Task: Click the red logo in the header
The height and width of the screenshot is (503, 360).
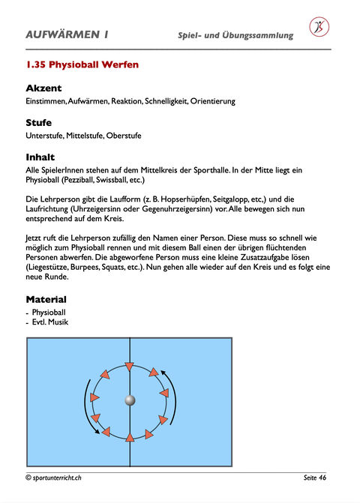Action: pos(319,27)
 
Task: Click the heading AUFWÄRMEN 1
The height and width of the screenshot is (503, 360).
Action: pos(67,34)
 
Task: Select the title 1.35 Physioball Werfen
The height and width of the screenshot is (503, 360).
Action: pos(82,64)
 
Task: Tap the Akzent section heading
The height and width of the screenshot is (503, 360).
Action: pos(43,88)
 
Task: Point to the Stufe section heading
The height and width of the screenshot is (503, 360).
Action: pos(38,122)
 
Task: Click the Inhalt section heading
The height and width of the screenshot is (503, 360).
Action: pos(40,157)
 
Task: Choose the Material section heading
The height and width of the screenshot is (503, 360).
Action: pos(46,299)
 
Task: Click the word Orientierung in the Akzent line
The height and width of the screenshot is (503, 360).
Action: pos(213,101)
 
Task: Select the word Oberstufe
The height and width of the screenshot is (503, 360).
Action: pos(124,136)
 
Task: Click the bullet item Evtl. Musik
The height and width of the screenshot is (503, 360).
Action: pos(50,322)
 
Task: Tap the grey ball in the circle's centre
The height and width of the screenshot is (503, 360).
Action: pos(130,400)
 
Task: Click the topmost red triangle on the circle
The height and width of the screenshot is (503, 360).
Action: pos(129,367)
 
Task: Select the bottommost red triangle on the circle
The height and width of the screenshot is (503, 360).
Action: pos(130,437)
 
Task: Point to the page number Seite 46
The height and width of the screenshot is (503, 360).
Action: pos(315,478)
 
